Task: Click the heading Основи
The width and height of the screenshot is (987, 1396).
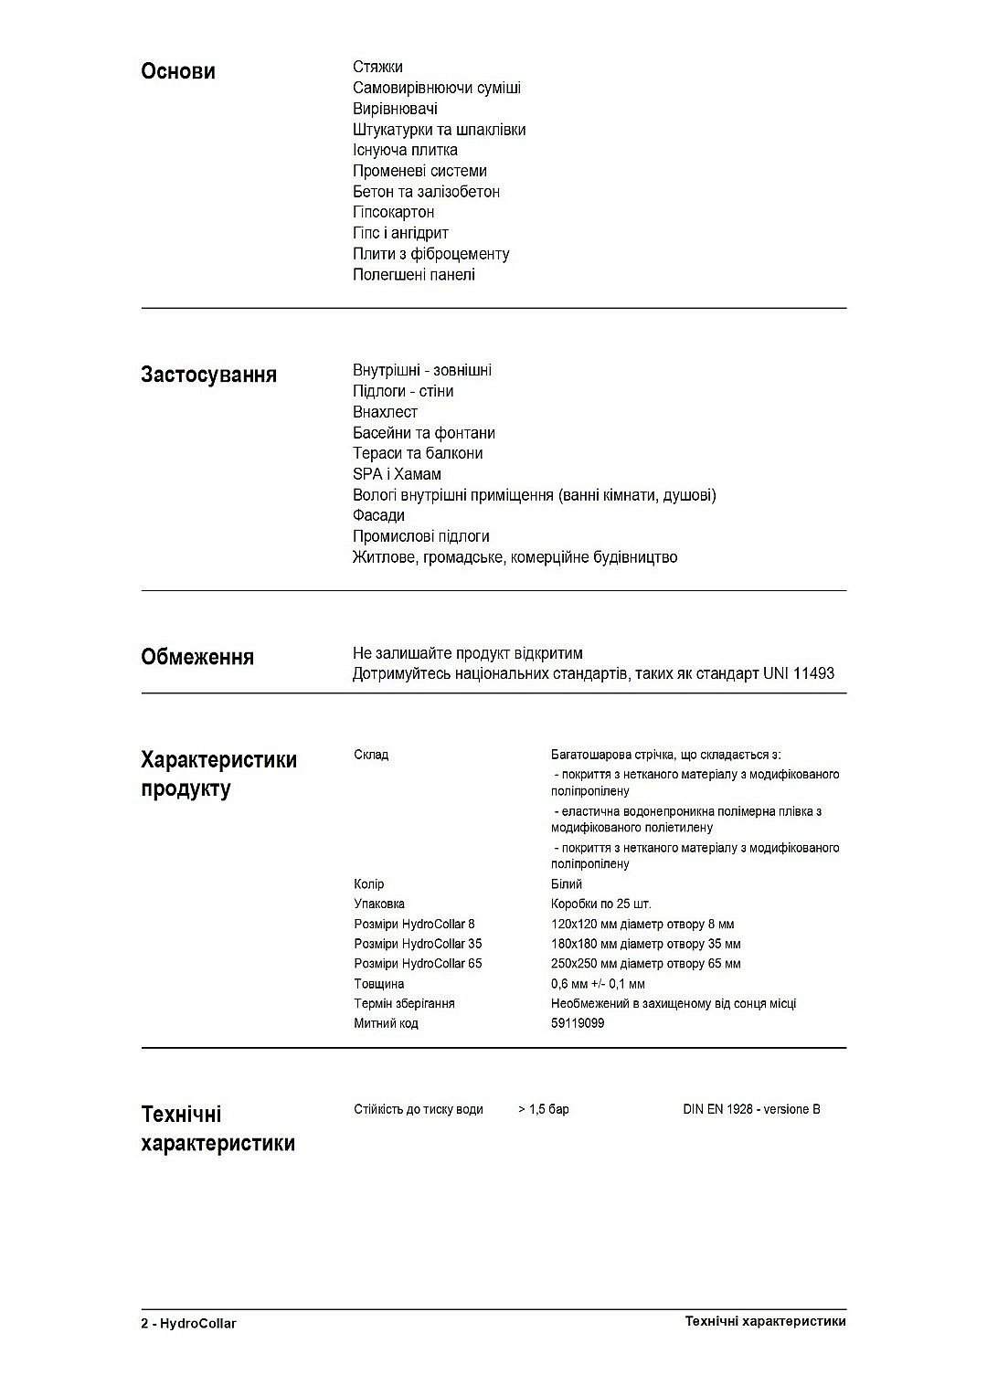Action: click(x=178, y=72)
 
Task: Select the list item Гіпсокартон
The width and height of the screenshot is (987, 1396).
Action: click(x=393, y=212)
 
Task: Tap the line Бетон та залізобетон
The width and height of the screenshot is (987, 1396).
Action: click(x=426, y=192)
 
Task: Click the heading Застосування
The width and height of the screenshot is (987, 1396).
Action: click(x=208, y=375)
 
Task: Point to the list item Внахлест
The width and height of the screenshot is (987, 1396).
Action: click(x=385, y=412)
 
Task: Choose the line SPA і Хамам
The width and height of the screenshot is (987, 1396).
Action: click(x=397, y=474)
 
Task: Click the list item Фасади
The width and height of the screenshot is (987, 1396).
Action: click(x=378, y=515)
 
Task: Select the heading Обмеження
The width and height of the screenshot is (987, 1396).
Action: click(x=197, y=658)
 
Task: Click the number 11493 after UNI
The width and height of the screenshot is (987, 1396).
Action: click(x=812, y=674)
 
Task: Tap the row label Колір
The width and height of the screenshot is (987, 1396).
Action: click(x=369, y=884)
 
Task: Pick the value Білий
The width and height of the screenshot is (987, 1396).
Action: click(x=567, y=884)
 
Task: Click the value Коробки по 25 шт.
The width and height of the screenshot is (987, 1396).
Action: click(x=600, y=904)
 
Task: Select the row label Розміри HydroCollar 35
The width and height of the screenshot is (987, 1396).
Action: click(x=418, y=944)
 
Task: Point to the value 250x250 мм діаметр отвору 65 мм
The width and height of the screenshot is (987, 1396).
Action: click(x=645, y=964)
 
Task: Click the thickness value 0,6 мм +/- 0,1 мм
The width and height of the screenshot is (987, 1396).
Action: click(x=598, y=984)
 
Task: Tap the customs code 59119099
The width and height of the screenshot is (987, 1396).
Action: click(x=578, y=1023)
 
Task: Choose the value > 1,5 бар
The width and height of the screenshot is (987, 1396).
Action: click(x=544, y=1109)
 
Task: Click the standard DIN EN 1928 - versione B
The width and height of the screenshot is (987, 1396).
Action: click(x=751, y=1109)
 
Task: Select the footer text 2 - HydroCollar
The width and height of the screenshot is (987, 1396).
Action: click(x=188, y=1323)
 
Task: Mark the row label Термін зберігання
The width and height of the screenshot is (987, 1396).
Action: click(x=404, y=1003)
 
